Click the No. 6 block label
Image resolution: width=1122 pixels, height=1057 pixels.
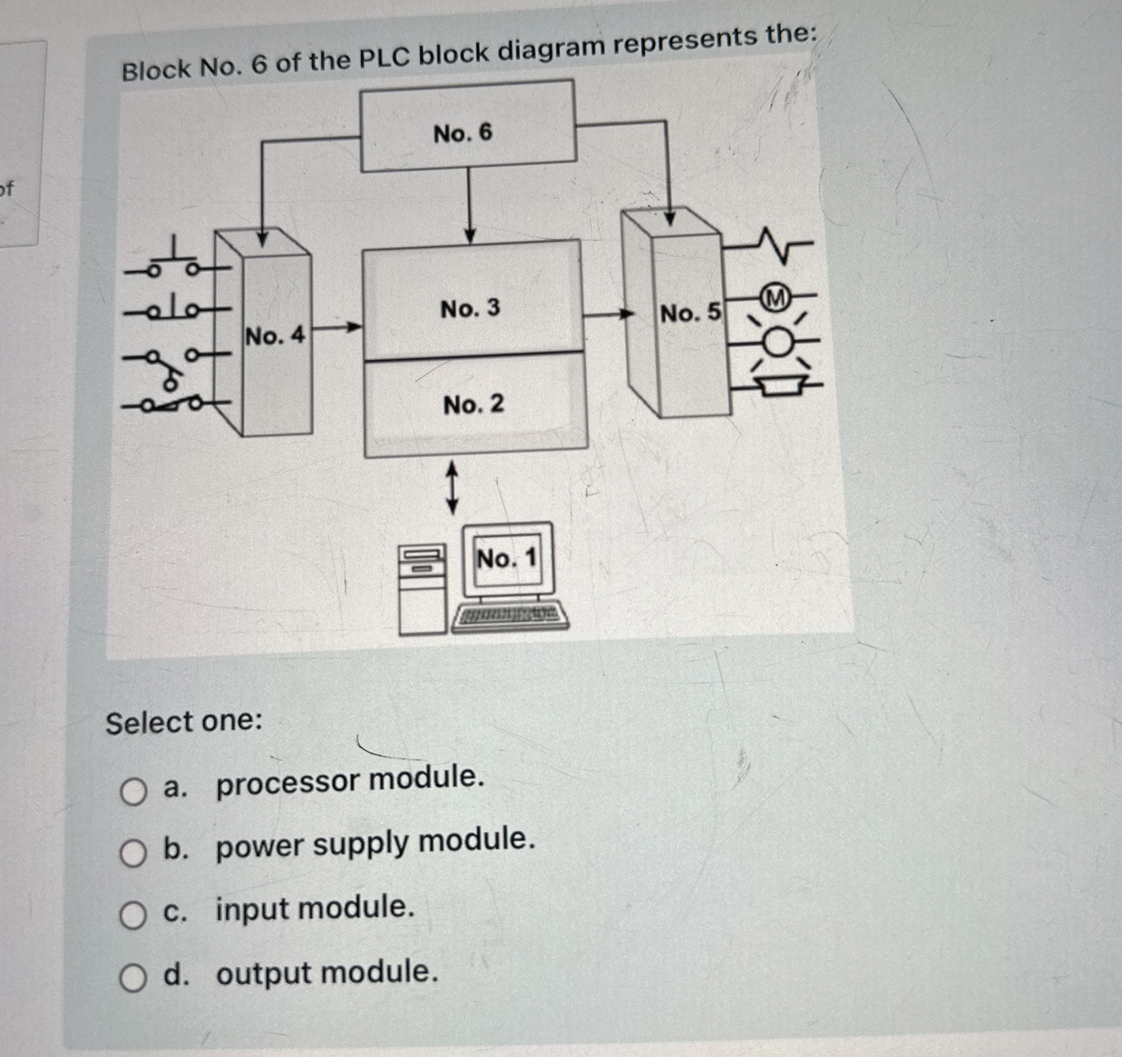(x=463, y=133)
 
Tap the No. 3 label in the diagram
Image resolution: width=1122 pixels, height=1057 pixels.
(x=470, y=308)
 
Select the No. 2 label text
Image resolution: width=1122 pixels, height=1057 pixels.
(x=474, y=404)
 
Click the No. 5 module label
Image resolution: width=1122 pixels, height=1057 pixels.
(x=690, y=312)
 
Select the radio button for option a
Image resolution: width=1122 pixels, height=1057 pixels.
(x=133, y=793)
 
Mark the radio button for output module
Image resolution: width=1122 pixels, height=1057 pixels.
(x=133, y=979)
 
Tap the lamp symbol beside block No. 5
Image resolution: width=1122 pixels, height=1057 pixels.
(x=779, y=342)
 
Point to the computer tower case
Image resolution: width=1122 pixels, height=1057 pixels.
(x=422, y=590)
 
